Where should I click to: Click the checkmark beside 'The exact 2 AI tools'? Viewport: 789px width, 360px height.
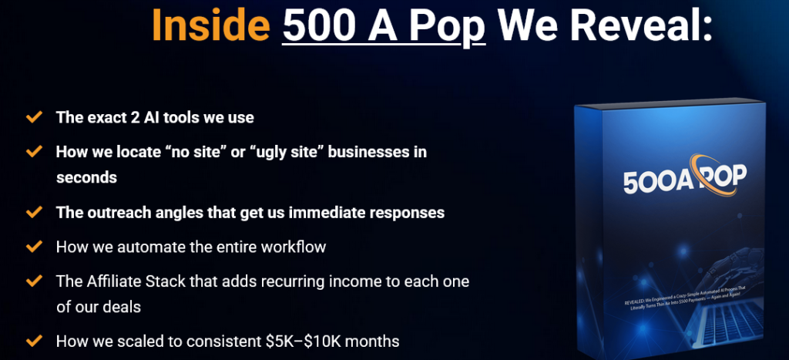point(34,118)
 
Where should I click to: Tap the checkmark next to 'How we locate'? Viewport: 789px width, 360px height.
point(34,151)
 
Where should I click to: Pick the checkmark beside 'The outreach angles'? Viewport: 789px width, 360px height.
point(34,211)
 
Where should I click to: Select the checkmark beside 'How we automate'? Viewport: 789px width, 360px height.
point(34,247)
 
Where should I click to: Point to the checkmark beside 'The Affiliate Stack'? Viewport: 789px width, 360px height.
point(34,281)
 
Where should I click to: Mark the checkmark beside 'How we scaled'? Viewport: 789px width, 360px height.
point(34,339)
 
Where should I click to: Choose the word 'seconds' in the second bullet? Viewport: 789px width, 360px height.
point(86,177)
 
